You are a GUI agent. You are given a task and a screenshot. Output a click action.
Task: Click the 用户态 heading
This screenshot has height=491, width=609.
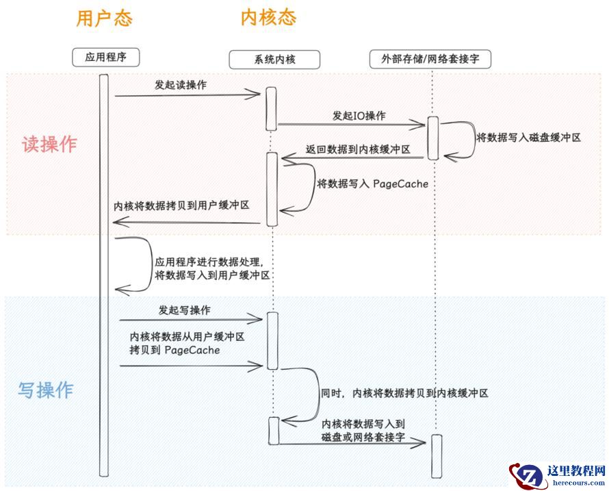coord(103,18)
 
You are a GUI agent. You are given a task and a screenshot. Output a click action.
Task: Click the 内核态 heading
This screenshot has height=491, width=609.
coord(268,18)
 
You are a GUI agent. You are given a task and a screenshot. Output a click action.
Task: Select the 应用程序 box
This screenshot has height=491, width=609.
coord(105,57)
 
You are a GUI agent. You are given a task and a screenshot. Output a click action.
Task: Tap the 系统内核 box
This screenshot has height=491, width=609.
coord(273,60)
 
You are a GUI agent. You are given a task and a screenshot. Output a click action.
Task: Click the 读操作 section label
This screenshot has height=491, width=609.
coord(49,144)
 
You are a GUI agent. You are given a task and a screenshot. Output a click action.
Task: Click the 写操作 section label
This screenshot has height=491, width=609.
coord(45,390)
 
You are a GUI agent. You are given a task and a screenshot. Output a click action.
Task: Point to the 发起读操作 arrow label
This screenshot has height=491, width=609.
coord(181,85)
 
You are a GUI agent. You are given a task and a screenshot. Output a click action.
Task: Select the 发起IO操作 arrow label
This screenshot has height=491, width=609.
coord(359,116)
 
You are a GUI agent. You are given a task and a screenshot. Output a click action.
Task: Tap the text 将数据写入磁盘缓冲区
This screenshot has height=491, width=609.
coord(528,137)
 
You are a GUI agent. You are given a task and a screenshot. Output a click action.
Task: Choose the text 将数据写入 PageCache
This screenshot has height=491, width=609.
coord(372,184)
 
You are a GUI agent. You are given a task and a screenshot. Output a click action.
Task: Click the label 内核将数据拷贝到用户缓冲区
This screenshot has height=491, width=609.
coord(181,205)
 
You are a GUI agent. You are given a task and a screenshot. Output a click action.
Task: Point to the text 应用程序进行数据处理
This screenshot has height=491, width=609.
coord(209,262)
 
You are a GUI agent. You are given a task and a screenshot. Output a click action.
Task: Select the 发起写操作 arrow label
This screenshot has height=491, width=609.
coord(184,310)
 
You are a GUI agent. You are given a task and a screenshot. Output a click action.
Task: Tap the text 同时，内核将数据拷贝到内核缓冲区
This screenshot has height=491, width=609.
coord(404,393)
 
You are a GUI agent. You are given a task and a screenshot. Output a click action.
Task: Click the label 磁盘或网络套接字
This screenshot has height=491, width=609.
coord(363,436)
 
